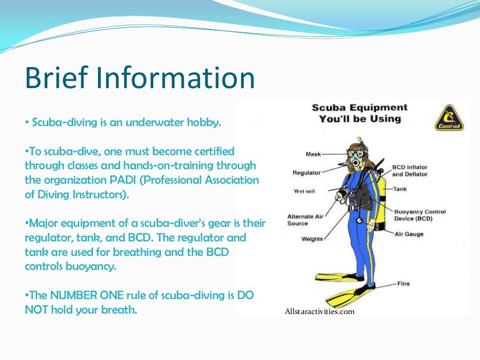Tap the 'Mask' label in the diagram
(313, 154)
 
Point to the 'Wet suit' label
(304, 191)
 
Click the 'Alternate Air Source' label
(305, 220)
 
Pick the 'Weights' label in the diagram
(312, 239)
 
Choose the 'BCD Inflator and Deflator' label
(410, 171)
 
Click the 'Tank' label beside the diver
(400, 189)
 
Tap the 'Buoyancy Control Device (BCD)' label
(420, 215)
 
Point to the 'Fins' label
(404, 284)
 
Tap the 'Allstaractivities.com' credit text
(319, 311)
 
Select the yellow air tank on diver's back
(380, 202)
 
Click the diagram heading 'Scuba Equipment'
(360, 108)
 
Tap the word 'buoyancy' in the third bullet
(90, 266)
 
